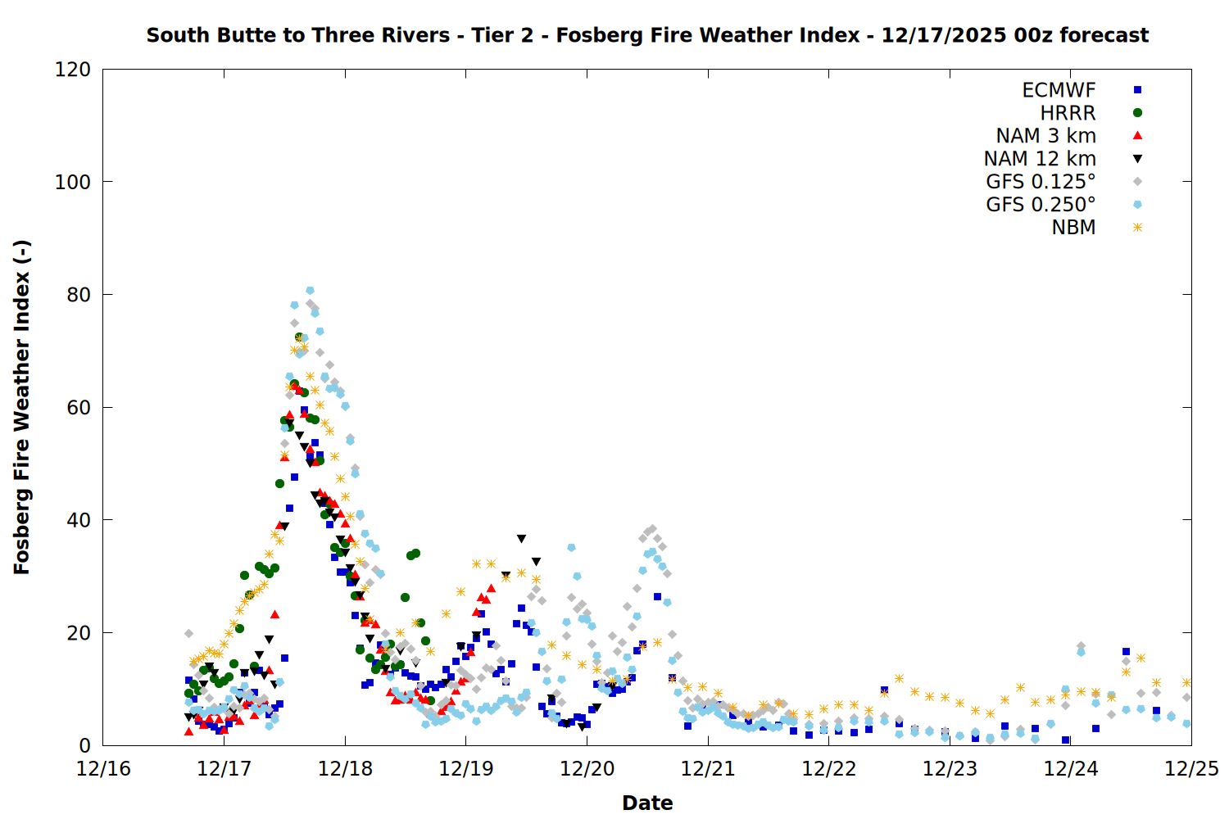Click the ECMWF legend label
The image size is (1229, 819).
coord(1059,90)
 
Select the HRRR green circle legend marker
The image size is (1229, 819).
coord(1137,113)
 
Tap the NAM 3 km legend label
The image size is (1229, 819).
coord(1045,136)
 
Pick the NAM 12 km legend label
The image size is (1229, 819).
coord(1040,159)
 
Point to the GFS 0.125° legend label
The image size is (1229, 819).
coord(1041,182)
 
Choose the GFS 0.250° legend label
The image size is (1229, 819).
coord(1041,205)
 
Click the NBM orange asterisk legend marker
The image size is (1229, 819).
coord(1137,228)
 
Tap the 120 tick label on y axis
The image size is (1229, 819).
coord(73,70)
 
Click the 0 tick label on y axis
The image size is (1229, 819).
coord(85,746)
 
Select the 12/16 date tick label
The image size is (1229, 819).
coord(103,770)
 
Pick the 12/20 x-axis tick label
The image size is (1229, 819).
coord(587,770)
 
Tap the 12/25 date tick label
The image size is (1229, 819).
coord(1191,770)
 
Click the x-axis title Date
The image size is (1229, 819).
coord(647,803)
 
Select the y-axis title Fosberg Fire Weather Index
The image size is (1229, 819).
coord(22,407)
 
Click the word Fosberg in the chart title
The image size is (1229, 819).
coord(591,36)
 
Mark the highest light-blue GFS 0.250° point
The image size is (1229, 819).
coord(310,291)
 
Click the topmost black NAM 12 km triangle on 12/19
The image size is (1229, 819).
coord(521,539)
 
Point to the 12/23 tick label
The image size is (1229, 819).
coord(950,770)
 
